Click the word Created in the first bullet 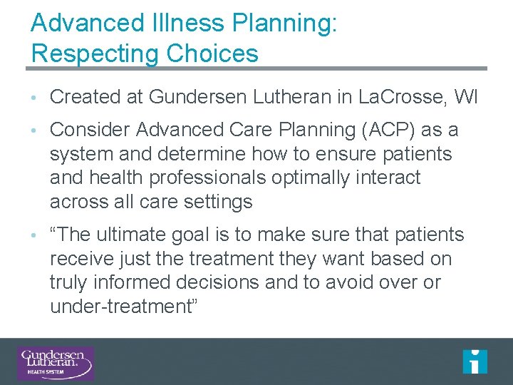point(85,97)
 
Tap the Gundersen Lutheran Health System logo point(56,363)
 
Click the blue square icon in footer point(475,361)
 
